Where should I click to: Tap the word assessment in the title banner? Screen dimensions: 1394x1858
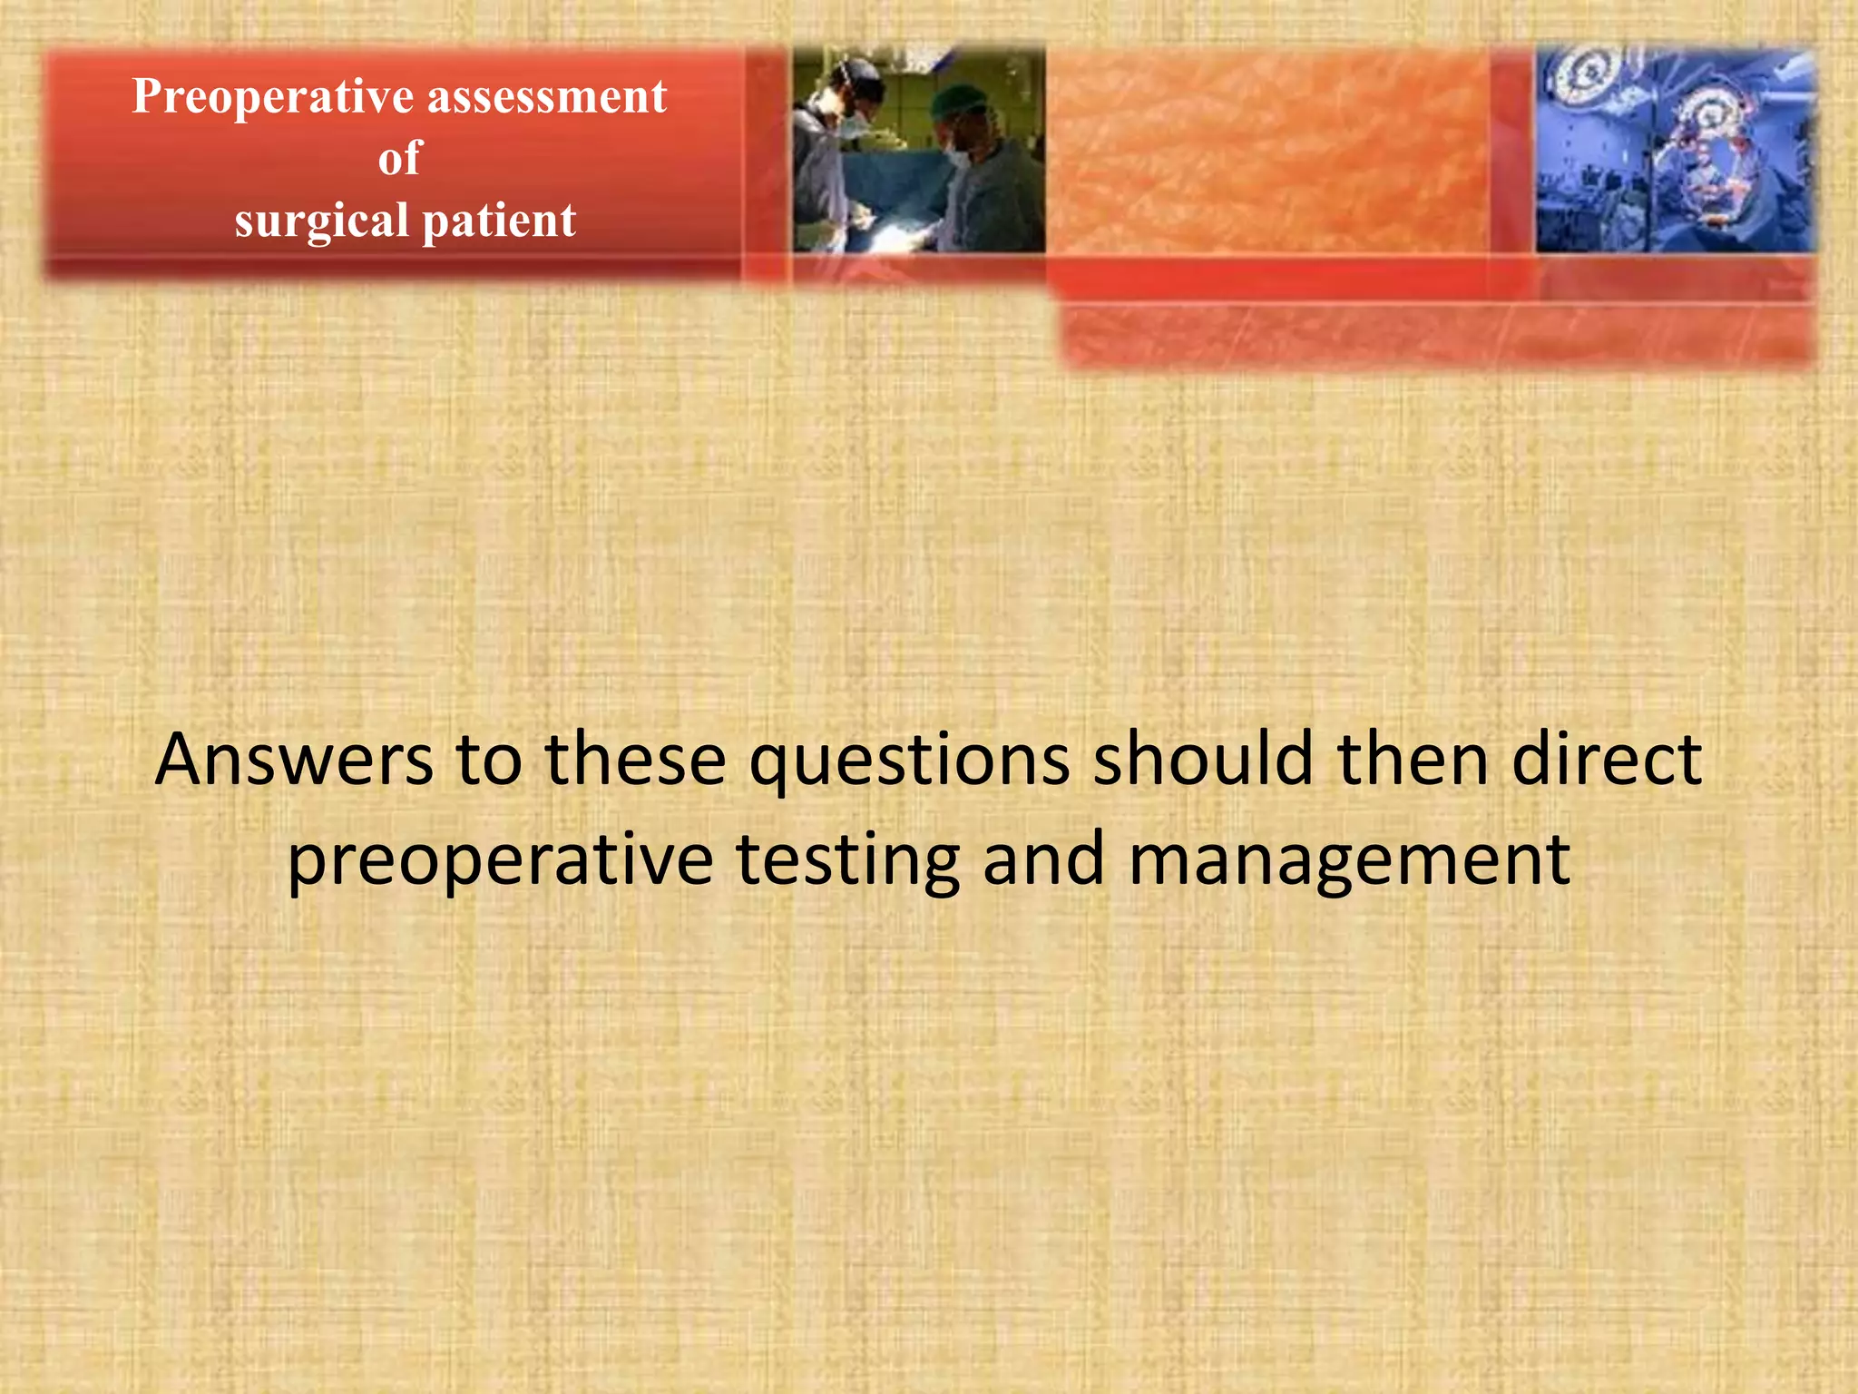tap(547, 97)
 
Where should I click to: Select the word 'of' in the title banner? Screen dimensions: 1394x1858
tap(400, 158)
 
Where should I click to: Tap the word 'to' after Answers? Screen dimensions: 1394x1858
tap(488, 760)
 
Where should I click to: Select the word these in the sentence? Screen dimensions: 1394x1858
tap(635, 760)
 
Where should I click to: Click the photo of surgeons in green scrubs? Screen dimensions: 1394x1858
tap(918, 151)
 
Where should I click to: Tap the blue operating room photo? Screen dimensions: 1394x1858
tap(1676, 151)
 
